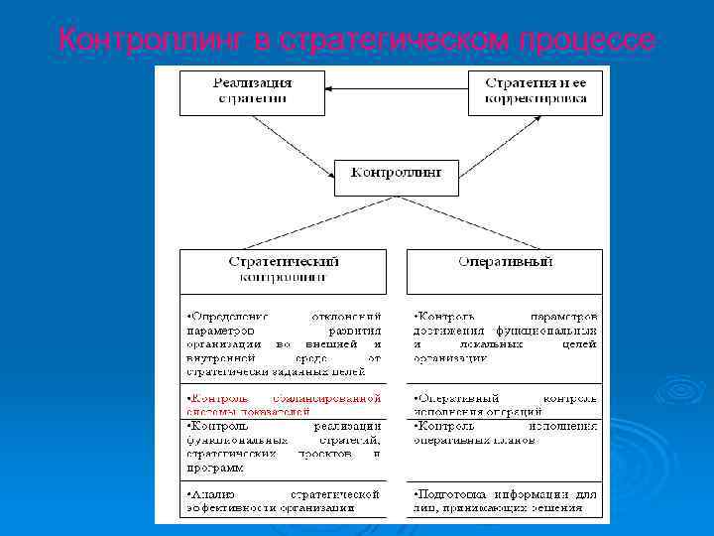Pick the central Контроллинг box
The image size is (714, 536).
tap(397, 176)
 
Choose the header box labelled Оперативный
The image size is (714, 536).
tap(504, 263)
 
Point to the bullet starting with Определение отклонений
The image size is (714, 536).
tap(283, 343)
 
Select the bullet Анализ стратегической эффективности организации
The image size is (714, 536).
tap(283, 500)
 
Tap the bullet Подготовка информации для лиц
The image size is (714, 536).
tap(505, 500)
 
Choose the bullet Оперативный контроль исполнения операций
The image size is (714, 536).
tap(505, 403)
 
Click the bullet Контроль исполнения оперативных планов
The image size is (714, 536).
tap(505, 433)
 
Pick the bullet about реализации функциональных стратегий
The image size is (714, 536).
tap(283, 447)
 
